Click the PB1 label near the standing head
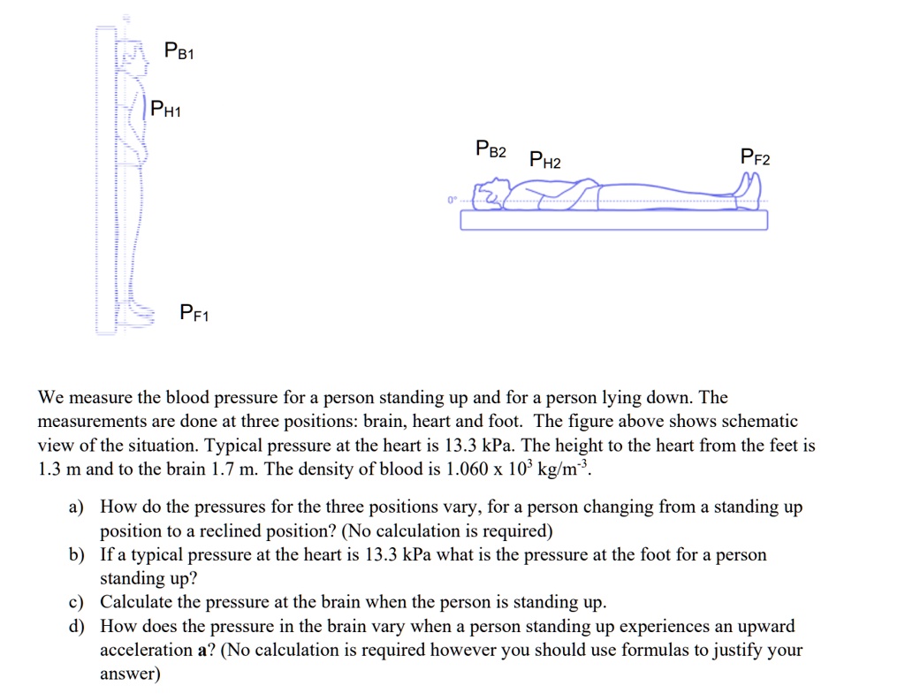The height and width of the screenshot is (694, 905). pos(179,52)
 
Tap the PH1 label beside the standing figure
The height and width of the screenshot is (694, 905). pos(165,111)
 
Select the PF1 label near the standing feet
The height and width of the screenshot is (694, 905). pos(194,312)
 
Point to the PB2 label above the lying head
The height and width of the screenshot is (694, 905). pos(491,149)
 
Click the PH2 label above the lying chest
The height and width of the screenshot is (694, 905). pos(544,160)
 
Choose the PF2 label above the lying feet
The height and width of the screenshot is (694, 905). pos(755,159)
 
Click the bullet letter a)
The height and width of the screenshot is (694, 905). pos(76,507)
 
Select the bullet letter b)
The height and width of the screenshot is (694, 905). pos(77,555)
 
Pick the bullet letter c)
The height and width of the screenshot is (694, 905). pos(76,603)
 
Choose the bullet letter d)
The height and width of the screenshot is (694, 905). pos(77,627)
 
